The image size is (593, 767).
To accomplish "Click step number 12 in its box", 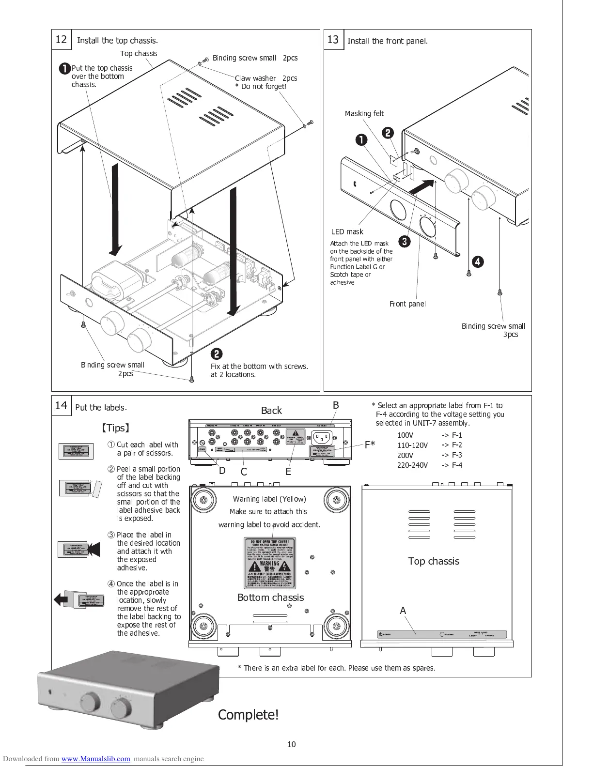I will [x=61, y=39].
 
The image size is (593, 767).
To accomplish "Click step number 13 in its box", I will [x=333, y=39].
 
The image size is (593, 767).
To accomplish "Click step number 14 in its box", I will [x=61, y=405].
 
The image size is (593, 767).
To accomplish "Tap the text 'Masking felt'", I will [x=364, y=114].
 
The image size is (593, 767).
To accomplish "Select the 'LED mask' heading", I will [x=347, y=232].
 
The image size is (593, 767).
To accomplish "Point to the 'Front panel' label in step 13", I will [x=407, y=304].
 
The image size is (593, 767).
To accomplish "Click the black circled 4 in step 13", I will [x=478, y=262].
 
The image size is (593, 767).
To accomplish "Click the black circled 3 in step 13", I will [x=405, y=241].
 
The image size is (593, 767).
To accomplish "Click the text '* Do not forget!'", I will [x=261, y=87].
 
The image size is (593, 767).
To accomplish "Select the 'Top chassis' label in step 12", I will [x=139, y=54].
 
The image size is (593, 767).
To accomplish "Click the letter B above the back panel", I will [x=335, y=405].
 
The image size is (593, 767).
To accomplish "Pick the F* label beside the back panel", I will [x=370, y=445].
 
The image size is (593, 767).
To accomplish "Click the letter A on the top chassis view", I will [x=403, y=611].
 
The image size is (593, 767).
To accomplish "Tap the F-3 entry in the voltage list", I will [x=457, y=455].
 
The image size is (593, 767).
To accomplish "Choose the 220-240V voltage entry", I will [x=412, y=465].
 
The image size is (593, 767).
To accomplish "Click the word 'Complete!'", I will [x=248, y=715].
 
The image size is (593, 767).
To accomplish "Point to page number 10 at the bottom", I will [x=291, y=745].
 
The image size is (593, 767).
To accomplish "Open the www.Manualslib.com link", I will [x=95, y=759].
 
